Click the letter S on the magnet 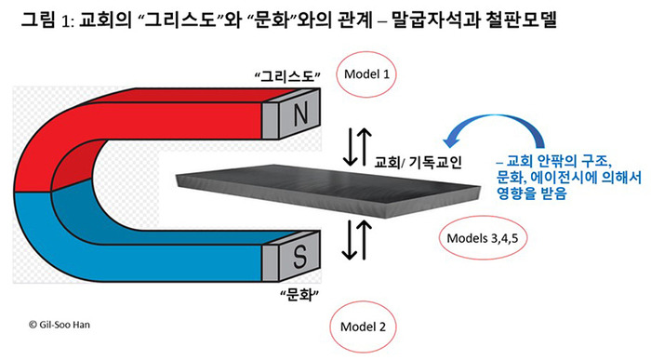click(299, 256)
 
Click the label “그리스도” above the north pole click(287, 77)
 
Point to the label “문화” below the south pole click(299, 295)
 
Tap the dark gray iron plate click(328, 191)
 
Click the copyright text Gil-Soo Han click(59, 325)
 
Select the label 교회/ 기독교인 click(418, 162)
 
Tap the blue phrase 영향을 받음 click(532, 193)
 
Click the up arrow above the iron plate click(365, 147)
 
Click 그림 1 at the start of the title click(43, 20)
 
